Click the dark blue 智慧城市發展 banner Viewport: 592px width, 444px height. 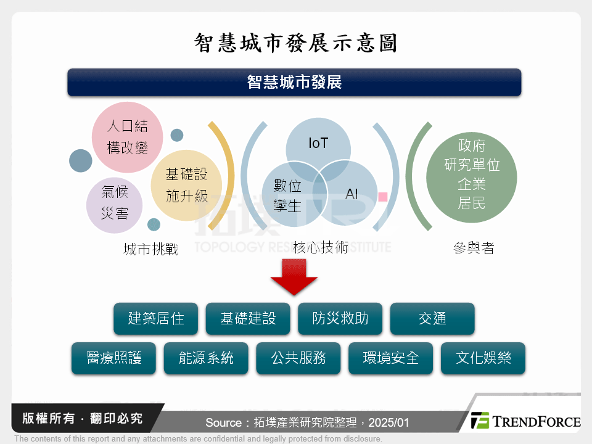294,82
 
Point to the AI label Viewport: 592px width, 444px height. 351,194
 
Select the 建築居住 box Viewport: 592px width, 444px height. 155,318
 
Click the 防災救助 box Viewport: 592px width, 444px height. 340,318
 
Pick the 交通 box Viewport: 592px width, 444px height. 432,318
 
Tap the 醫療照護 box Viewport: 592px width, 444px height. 113,358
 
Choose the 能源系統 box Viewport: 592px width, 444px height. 206,358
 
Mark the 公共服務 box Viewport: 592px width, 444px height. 298,358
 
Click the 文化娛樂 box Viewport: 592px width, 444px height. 483,358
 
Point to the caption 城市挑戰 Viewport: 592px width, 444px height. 150,249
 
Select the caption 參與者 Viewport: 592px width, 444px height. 473,248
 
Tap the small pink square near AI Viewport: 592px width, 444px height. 382,197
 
